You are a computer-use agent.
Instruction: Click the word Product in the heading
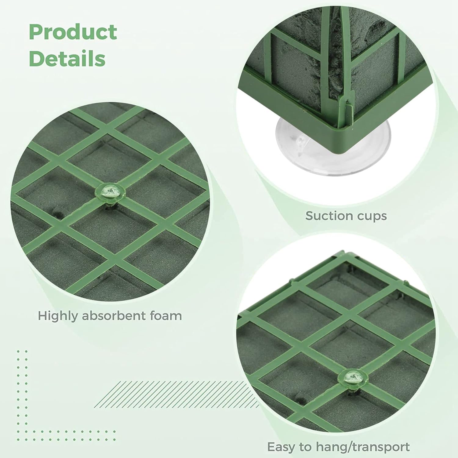(73, 32)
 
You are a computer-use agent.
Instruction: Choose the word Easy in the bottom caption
(281, 447)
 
